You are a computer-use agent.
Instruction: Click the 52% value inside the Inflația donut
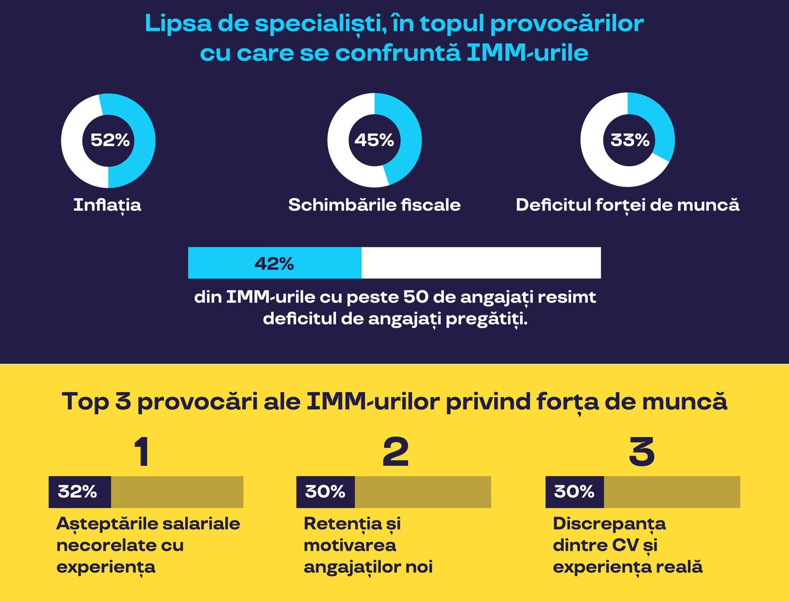point(110,140)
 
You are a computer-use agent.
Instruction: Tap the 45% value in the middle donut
point(374,140)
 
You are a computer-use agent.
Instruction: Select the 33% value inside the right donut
point(629,140)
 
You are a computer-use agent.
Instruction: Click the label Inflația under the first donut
point(107,205)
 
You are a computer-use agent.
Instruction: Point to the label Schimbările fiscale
point(374,205)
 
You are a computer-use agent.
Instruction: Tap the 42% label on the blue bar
point(274,263)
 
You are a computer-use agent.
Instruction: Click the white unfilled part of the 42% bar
point(481,263)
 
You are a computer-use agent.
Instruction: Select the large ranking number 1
point(142,451)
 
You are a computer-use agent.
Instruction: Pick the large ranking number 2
point(396,451)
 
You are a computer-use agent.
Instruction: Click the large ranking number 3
point(642,451)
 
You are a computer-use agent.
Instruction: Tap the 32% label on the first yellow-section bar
point(77,492)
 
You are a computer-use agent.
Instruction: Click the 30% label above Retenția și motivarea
point(325,492)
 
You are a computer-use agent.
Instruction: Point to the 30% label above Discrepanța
point(574,492)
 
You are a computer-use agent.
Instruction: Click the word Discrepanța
point(609,524)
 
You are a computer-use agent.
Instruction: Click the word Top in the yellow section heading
point(85,402)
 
